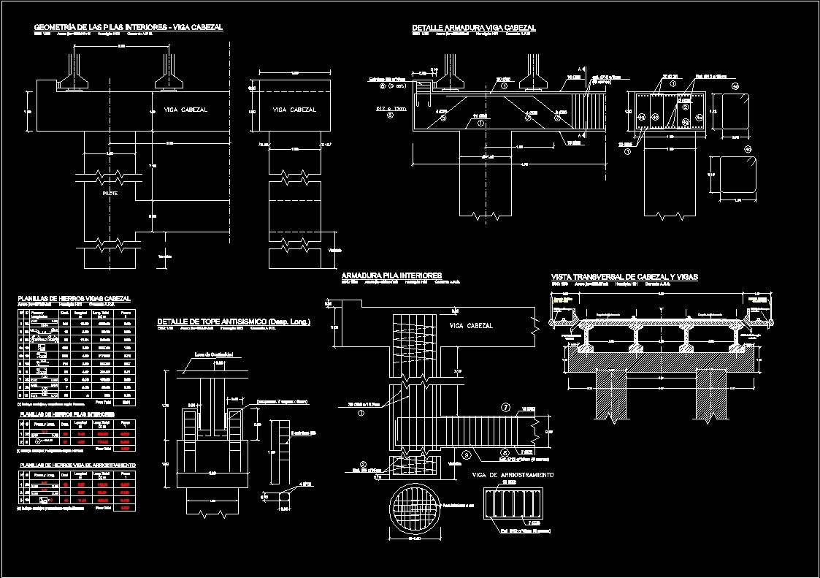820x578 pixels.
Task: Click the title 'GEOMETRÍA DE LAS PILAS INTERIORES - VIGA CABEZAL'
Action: pos(128,27)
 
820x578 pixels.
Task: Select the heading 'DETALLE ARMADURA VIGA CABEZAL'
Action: pos(474,28)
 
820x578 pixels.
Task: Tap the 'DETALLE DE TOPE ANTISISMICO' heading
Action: pos(234,322)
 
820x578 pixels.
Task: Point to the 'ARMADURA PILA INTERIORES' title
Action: pos(391,276)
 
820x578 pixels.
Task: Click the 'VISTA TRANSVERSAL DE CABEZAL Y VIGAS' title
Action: pos(624,277)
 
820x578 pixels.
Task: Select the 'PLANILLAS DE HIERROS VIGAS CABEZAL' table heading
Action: pos(74,299)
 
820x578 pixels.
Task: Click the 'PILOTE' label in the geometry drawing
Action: pos(110,194)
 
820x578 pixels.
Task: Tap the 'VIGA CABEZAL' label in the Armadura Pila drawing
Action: pos(471,326)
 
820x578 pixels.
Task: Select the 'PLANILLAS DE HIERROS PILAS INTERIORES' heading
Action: pos(66,414)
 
